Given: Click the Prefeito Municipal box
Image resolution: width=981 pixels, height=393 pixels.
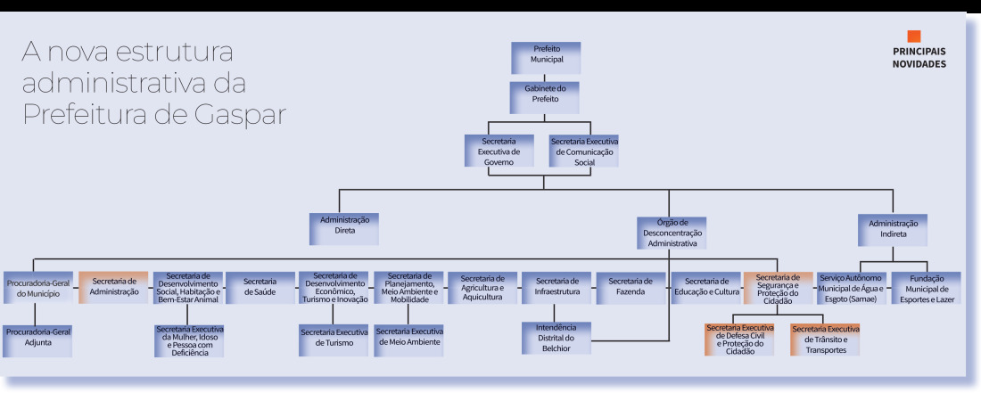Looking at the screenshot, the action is pyautogui.click(x=546, y=58).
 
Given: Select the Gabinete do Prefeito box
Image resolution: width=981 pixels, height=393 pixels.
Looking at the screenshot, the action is pyautogui.click(x=544, y=97).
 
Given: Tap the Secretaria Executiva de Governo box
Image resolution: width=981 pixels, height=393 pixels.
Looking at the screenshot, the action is pyautogui.click(x=499, y=151).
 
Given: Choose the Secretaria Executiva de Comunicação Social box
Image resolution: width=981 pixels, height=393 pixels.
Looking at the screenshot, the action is pyautogui.click(x=584, y=151).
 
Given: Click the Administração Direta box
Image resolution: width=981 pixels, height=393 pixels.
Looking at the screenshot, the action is pyautogui.click(x=344, y=229).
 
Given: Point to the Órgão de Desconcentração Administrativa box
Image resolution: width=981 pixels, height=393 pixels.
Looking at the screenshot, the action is pyautogui.click(x=672, y=233).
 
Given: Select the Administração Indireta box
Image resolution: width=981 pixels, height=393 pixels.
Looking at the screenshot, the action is pyautogui.click(x=893, y=229).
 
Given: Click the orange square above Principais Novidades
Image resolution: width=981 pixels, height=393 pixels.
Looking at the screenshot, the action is pyautogui.click(x=914, y=37).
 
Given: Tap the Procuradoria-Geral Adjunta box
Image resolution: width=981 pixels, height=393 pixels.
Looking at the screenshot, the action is pyautogui.click(x=37, y=341).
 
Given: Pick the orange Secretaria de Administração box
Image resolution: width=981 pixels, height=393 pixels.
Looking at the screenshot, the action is pyautogui.click(x=113, y=288).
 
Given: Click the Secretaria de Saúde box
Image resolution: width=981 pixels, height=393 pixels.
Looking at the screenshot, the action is pyautogui.click(x=260, y=288).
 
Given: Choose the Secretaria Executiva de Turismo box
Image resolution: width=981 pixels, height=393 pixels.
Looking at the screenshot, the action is pyautogui.click(x=334, y=340).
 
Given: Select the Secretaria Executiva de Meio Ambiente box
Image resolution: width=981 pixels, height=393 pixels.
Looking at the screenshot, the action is pyautogui.click(x=408, y=340).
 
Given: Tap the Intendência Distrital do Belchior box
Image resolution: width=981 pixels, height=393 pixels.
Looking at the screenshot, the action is pyautogui.click(x=556, y=338).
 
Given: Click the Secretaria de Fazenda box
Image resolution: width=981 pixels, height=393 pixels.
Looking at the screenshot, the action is pyautogui.click(x=630, y=288).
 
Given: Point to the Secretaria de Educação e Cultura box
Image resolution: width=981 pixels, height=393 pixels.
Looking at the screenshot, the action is pyautogui.click(x=705, y=288).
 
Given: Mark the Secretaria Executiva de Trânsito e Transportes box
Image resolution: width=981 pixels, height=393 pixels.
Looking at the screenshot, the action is pyautogui.click(x=825, y=340).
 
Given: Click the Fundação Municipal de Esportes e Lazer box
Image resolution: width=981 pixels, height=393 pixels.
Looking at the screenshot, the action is pyautogui.click(x=927, y=288).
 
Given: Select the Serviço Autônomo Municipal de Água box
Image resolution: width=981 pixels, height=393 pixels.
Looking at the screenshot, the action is pyautogui.click(x=852, y=288).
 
